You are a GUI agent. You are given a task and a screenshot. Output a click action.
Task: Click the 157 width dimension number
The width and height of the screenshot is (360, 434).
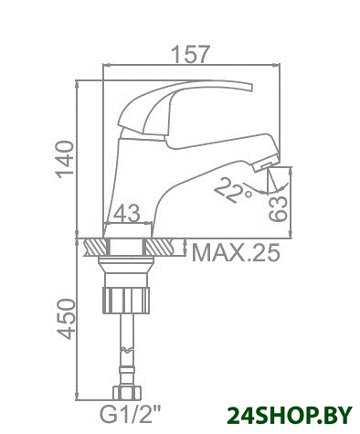(x=191, y=54)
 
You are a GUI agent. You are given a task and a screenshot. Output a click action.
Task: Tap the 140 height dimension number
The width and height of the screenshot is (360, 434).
(x=65, y=159)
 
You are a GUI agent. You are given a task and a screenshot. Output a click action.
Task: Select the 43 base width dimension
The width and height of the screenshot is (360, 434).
(x=127, y=213)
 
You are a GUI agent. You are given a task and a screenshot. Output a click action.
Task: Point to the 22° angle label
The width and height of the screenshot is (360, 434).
(x=232, y=190)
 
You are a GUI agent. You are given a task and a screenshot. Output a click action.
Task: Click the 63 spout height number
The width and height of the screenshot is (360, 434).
(x=279, y=208)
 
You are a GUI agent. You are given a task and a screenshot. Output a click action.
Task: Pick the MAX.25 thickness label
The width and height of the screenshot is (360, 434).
(x=236, y=253)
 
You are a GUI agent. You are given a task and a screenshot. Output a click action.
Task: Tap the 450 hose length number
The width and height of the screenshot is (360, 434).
(x=67, y=319)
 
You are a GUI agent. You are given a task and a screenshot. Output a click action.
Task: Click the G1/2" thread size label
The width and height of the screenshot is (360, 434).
(x=131, y=415)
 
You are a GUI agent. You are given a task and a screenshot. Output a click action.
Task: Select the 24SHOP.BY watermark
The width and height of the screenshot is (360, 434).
(x=290, y=416)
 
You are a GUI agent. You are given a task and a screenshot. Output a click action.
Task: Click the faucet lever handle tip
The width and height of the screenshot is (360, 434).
(x=250, y=87)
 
